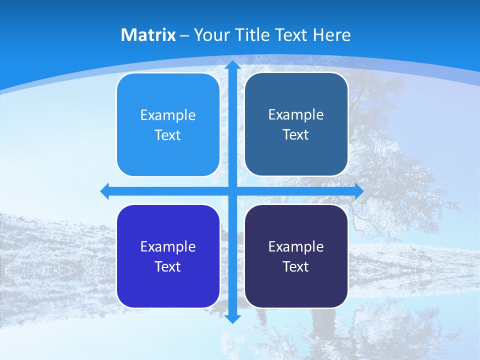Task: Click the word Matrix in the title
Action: click(x=148, y=35)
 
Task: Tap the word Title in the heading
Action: click(x=253, y=35)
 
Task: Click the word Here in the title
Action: click(x=331, y=35)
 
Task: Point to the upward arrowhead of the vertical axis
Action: click(x=232, y=65)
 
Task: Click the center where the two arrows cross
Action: click(x=232, y=191)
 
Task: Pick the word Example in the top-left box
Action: click(x=168, y=115)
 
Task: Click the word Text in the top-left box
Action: click(x=168, y=135)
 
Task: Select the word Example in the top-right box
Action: click(x=296, y=114)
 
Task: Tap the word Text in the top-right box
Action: click(x=296, y=134)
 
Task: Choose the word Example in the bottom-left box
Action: click(x=168, y=246)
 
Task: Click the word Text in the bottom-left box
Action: click(x=168, y=266)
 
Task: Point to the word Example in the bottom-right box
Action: click(x=296, y=246)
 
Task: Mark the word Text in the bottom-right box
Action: click(x=296, y=266)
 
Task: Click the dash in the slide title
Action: click(x=184, y=35)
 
